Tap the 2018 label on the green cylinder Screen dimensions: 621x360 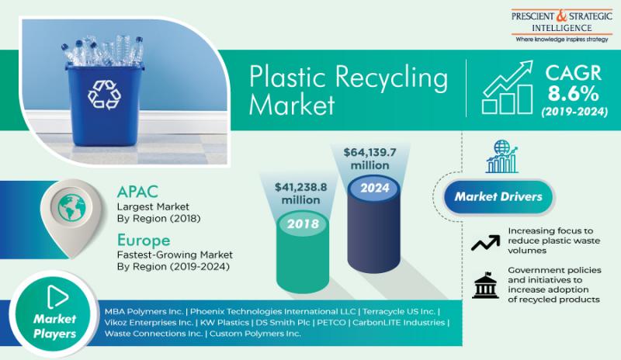[303, 223]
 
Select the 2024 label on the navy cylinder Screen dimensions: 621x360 [375, 188]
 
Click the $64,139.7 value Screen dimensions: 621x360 [369, 152]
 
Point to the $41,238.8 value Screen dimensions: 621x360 [301, 186]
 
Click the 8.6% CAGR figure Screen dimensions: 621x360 [574, 94]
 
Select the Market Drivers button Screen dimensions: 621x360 [498, 196]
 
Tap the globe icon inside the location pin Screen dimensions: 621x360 [71, 207]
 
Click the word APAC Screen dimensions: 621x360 [137, 192]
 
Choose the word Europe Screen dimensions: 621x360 [144, 241]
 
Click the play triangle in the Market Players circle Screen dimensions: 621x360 [57, 296]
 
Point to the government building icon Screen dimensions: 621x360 [485, 285]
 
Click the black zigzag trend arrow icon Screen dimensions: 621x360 [486, 243]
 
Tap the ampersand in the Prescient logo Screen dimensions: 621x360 [561, 16]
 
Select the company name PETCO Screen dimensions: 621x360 [331, 323]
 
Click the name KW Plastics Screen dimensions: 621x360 [224, 323]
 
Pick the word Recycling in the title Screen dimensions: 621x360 [391, 78]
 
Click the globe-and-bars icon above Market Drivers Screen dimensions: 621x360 [501, 157]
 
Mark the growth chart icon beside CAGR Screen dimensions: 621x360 [508, 88]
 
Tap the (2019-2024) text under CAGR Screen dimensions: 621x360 [574, 112]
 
